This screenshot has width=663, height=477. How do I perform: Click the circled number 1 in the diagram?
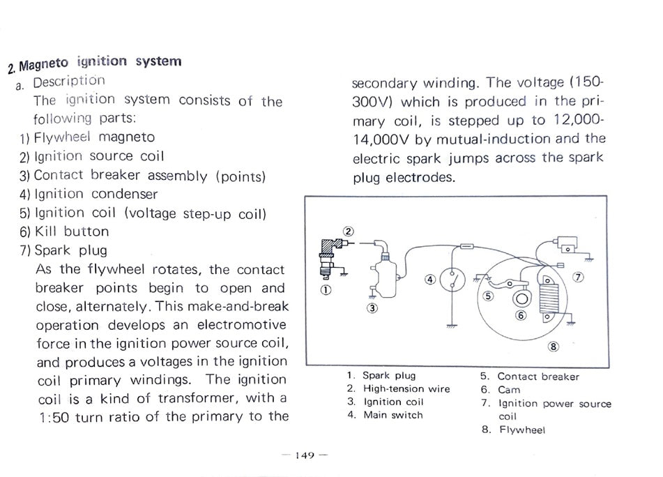tap(326, 289)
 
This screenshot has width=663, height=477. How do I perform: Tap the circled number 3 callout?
tap(372, 308)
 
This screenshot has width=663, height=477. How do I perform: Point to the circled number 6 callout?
tap(520, 315)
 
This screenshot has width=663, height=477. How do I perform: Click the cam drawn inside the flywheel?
tap(521, 298)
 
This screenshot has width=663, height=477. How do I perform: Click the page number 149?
tap(304, 455)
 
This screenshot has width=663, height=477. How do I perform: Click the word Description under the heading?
tap(69, 82)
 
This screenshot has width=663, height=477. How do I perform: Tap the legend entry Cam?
tap(509, 390)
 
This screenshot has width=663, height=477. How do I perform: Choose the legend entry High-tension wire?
tap(406, 389)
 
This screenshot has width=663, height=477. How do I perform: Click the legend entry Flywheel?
tap(522, 430)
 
